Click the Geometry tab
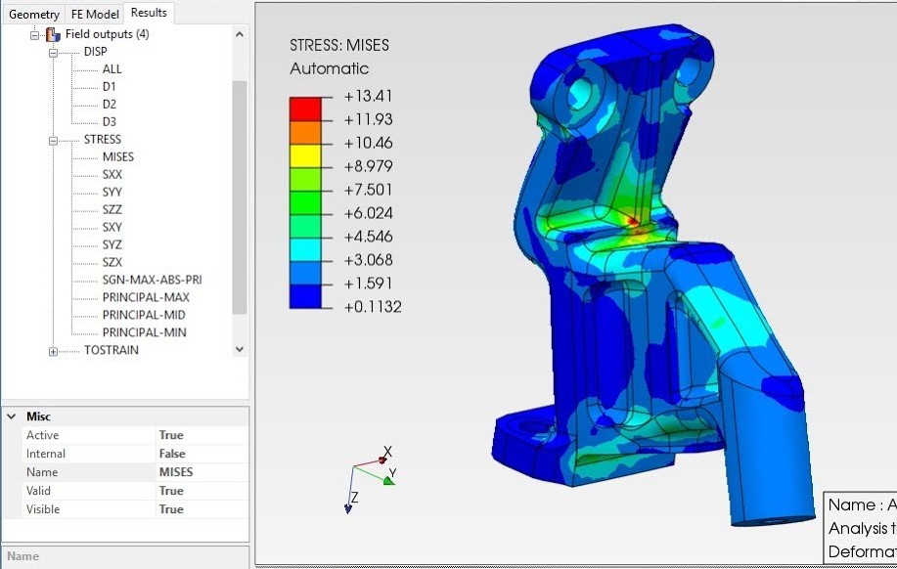point(33,14)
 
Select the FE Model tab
point(95,14)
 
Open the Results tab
point(149,13)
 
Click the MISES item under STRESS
point(117,156)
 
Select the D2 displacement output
point(109,104)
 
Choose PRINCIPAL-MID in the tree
point(144,315)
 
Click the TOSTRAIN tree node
point(111,350)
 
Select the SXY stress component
point(112,227)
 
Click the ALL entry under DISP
point(112,69)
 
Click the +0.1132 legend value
point(372,307)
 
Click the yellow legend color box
point(305,153)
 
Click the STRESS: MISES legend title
point(338,45)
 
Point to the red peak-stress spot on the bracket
point(633,222)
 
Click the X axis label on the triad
point(387,452)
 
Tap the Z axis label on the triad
point(353,498)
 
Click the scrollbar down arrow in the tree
point(240,349)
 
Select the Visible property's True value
point(171,509)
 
